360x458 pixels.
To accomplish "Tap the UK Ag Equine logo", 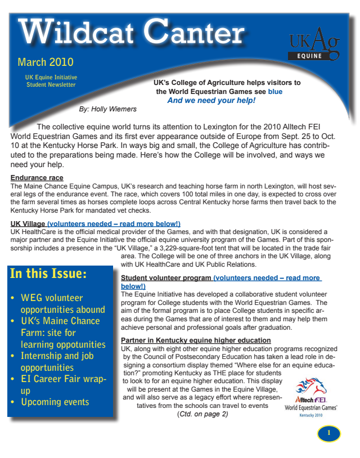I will click(313, 43).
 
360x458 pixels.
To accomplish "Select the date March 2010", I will click(46, 61).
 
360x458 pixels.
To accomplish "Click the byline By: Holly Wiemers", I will click(108, 109).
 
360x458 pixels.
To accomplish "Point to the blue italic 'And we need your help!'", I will click(211, 100).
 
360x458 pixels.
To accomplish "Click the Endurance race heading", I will click(37, 178).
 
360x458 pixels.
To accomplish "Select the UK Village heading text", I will click(28, 223).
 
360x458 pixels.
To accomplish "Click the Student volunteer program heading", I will click(166, 278).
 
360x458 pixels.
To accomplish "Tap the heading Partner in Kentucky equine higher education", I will click(188, 340).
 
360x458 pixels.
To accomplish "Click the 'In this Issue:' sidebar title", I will click(48, 274).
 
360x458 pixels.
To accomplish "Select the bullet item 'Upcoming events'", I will click(55, 402).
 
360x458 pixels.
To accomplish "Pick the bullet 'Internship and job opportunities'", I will click(58, 361).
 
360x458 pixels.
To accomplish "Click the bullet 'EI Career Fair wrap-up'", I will click(59, 384).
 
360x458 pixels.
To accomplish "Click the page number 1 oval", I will click(329, 433).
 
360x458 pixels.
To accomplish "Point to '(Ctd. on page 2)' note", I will click(202, 414).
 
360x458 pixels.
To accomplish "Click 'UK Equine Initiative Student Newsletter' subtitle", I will click(51, 80).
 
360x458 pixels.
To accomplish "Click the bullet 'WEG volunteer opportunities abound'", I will click(57, 304).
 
